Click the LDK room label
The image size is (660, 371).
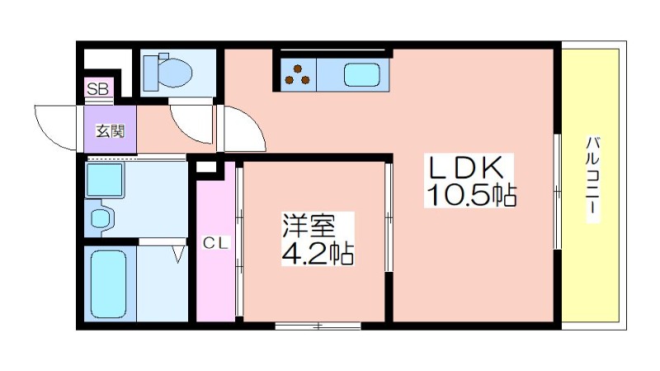click(x=465, y=168)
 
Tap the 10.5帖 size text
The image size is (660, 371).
click(x=471, y=194)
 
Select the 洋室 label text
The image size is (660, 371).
click(x=309, y=226)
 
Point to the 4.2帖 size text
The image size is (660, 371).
click(x=318, y=253)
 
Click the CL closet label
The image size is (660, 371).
click(x=215, y=243)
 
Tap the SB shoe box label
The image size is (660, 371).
click(x=97, y=89)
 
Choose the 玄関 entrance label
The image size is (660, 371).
click(x=111, y=131)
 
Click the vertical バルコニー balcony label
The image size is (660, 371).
click(x=593, y=178)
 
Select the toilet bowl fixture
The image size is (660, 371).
click(x=168, y=73)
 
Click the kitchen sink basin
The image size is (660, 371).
click(x=362, y=74)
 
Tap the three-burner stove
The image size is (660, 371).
click(x=298, y=74)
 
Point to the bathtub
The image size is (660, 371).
click(x=109, y=283)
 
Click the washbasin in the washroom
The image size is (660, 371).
click(x=101, y=218)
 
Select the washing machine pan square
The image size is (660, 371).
click(x=105, y=180)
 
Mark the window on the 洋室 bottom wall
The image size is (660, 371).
click(x=318, y=326)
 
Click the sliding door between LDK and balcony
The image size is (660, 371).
click(x=558, y=192)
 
